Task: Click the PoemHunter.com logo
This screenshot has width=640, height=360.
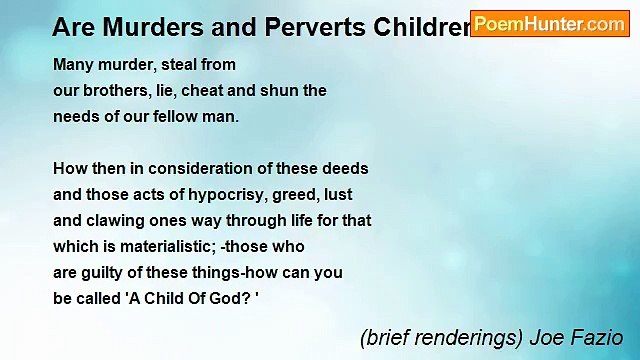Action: pyautogui.click(x=549, y=24)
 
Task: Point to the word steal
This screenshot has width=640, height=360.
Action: pyautogui.click(x=178, y=65)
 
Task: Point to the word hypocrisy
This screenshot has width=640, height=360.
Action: pyautogui.click(x=223, y=195)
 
